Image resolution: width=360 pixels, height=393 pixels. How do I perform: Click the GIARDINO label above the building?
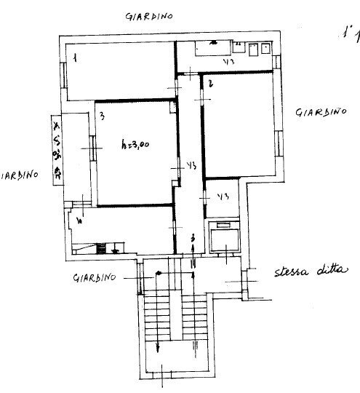pos(148,17)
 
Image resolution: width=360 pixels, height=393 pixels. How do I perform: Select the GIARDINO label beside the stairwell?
pos(95,277)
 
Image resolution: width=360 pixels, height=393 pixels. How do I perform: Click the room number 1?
pos(74,54)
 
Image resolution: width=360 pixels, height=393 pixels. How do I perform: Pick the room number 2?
pos(210,84)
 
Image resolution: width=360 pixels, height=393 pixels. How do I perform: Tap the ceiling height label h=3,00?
pos(135,144)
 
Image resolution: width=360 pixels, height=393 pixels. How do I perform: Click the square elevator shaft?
pos(224,237)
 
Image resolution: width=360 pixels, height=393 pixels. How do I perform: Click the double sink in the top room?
pos(259,49)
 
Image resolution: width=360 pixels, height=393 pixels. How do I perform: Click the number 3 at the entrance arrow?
pos(192,239)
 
